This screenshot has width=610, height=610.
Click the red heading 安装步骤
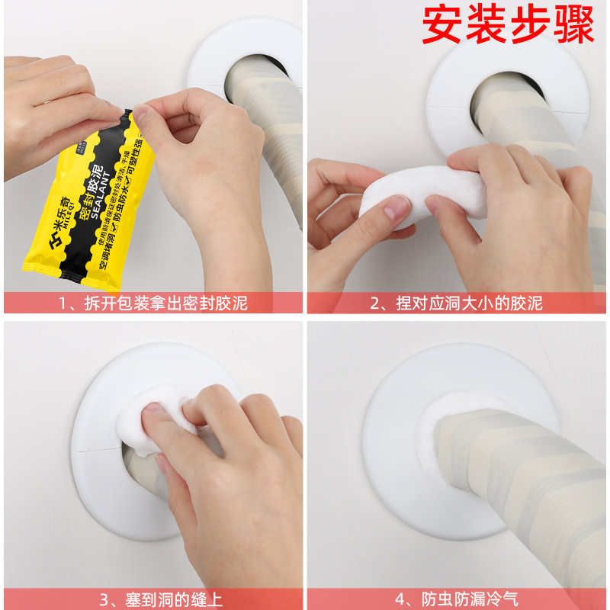(508, 27)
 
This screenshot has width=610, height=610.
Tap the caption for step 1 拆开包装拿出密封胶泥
(153, 303)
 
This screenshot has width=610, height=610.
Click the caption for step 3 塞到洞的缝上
(153, 599)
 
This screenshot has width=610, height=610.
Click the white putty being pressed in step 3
(156, 419)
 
